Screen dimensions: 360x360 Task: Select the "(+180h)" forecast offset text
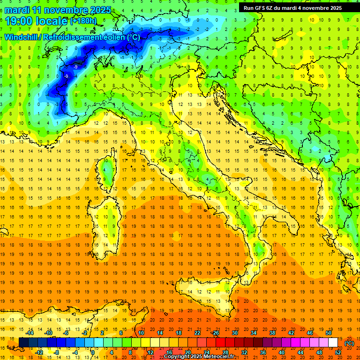click(83, 21)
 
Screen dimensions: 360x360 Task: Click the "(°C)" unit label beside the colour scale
click(349, 343)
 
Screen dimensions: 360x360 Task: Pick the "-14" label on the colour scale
click(30, 333)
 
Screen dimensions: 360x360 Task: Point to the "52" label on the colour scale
click(337, 352)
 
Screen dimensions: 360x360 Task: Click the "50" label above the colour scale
click(328, 333)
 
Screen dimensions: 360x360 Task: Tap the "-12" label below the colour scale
click(39, 352)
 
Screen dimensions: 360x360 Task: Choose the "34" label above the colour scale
click(254, 333)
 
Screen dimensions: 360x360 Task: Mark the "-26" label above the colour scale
click(215, 333)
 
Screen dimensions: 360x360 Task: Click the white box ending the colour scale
click(333, 342)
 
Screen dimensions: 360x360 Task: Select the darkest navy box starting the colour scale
click(23, 342)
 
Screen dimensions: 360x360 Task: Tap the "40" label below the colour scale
click(282, 352)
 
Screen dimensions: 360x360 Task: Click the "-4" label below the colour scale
click(75, 352)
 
